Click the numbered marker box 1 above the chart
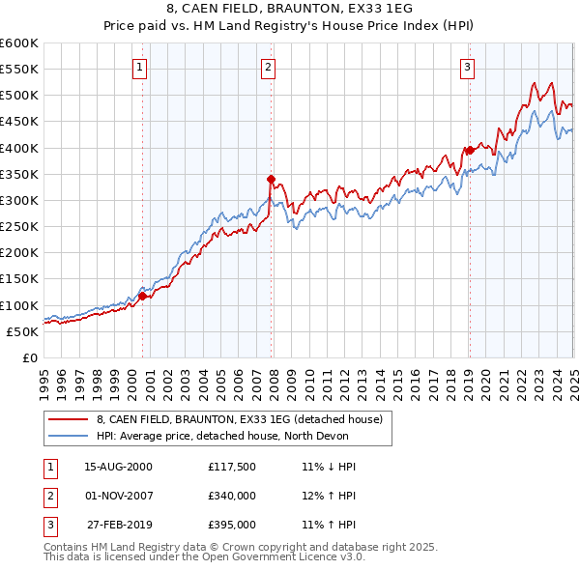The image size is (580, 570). click(x=140, y=68)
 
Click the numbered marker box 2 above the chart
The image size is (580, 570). click(x=268, y=68)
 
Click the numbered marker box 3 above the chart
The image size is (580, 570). click(x=467, y=68)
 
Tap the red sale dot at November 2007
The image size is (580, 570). click(x=272, y=179)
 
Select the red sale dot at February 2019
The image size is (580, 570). click(x=470, y=150)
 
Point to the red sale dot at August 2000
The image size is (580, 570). click(x=143, y=296)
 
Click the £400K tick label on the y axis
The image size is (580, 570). click(x=18, y=148)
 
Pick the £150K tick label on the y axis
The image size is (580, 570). click(x=18, y=279)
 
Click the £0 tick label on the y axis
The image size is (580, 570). click(x=30, y=357)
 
